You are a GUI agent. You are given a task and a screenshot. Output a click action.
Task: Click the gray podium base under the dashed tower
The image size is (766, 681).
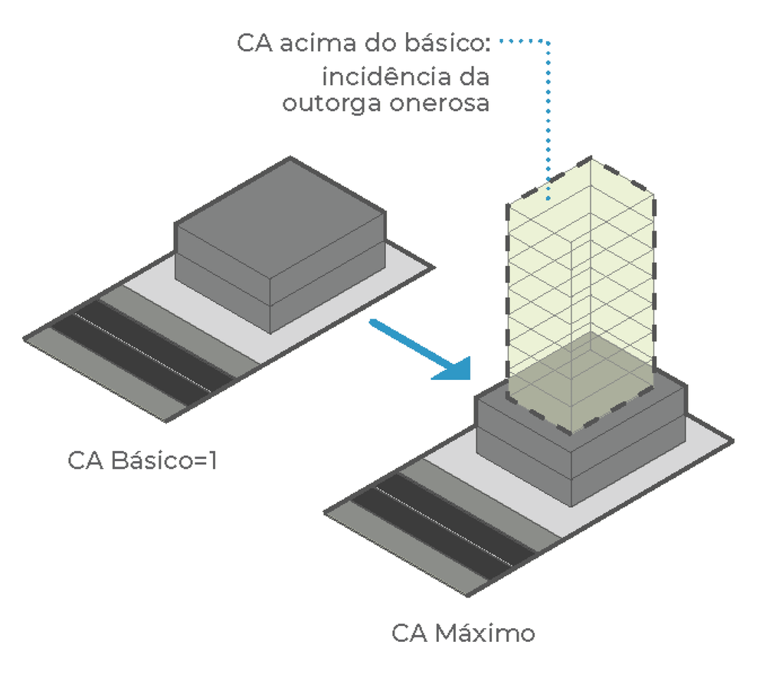[x=529, y=460]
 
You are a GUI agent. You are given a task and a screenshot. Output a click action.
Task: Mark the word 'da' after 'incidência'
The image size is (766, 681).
[x=473, y=77]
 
